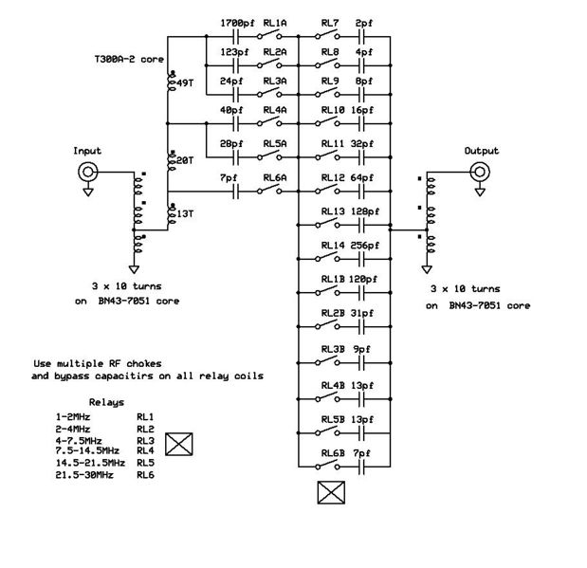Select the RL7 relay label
[330, 22]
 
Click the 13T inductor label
[184, 214]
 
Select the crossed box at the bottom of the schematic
[329, 492]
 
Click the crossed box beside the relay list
[178, 443]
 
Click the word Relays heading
[106, 402]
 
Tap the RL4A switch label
[275, 110]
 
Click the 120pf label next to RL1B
[363, 279]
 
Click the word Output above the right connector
[481, 151]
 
